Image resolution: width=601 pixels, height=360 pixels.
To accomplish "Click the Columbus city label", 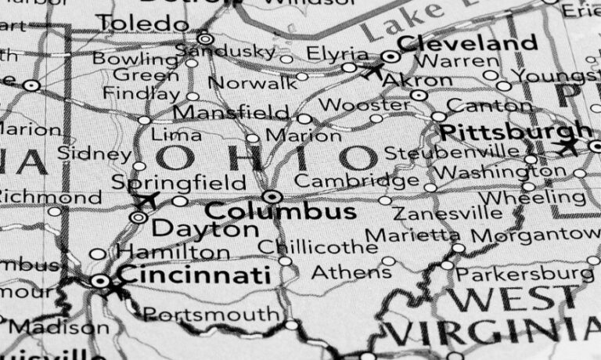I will coord(280,211).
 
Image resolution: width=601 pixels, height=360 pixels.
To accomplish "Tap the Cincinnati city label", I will coord(194,275).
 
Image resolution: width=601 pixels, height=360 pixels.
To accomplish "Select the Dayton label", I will coord(204,230).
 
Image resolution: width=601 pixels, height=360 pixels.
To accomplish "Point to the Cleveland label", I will coord(467,42).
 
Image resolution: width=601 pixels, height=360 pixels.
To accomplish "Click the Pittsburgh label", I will coord(516,131).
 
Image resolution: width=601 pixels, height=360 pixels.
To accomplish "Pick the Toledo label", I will coord(144,23).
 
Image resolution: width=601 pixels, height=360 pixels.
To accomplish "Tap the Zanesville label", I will coord(448,213).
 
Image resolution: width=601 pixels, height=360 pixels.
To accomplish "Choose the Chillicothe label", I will coord(318,247).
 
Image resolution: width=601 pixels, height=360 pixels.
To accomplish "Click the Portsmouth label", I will coord(211,315).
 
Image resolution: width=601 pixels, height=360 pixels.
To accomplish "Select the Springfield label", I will coord(179,183).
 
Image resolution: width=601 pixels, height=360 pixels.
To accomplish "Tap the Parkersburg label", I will coord(524,274).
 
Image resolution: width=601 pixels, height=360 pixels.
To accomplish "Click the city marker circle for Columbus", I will coord(272,196).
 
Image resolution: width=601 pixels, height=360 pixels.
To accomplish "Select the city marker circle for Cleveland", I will coord(390,56).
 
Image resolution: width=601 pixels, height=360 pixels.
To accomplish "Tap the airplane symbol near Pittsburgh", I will coord(567,146).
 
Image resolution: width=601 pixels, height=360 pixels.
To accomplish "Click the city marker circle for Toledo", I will coord(205,38).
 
